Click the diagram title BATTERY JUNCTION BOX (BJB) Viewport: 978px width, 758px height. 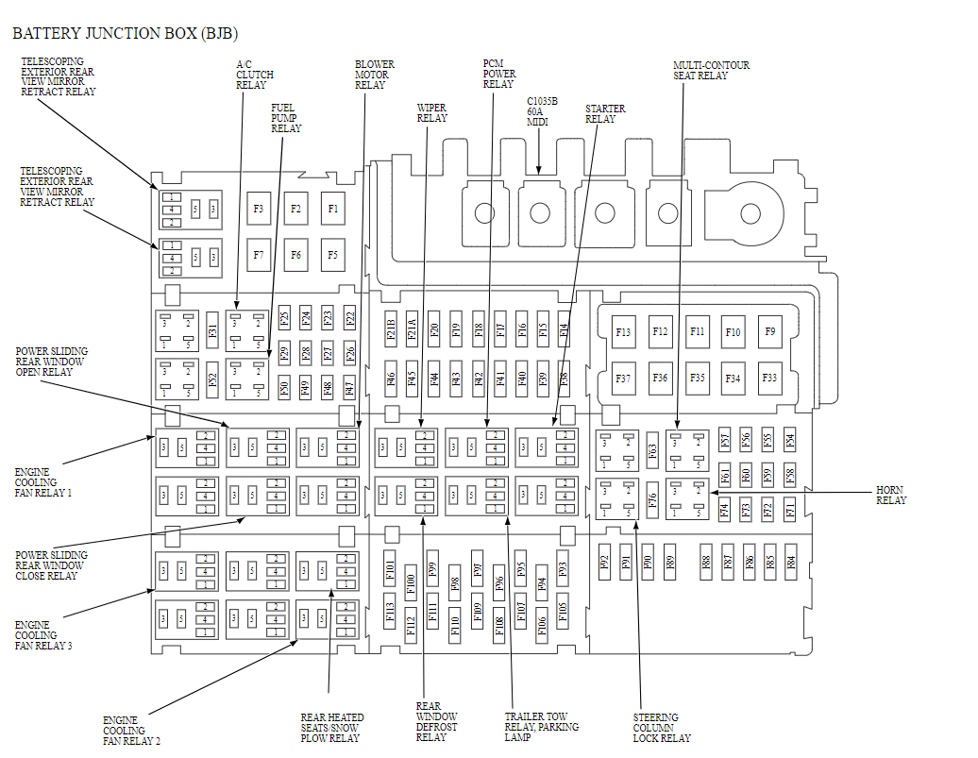[x=118, y=33]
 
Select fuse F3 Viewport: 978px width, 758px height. [x=259, y=208]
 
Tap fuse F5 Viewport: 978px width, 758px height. [x=332, y=254]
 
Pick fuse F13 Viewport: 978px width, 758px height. [x=623, y=331]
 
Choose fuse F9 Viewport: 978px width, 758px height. [x=769, y=331]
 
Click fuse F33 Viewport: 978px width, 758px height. [x=769, y=378]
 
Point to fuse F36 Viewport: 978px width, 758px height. [x=660, y=378]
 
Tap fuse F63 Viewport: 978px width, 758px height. [x=652, y=451]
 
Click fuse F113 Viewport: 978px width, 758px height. [x=391, y=614]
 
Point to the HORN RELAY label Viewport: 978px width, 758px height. [x=890, y=495]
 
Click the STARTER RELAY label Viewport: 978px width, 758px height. [x=605, y=113]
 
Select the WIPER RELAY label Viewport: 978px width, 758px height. [x=432, y=113]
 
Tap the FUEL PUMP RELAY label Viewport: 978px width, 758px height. [x=286, y=118]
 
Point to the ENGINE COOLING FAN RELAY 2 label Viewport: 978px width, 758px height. [x=131, y=731]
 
